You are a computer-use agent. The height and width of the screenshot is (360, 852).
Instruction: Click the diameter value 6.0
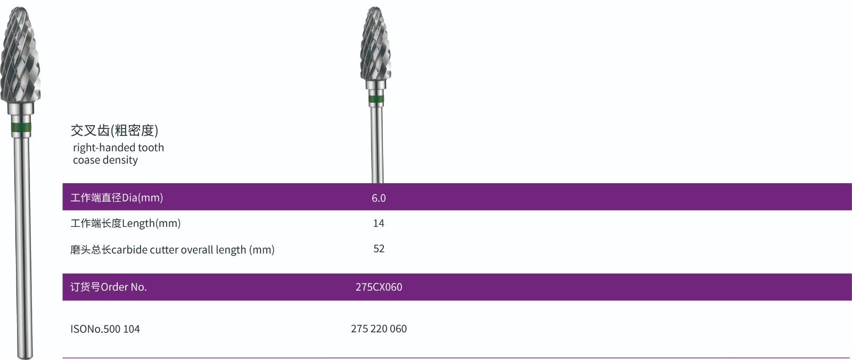coord(379,198)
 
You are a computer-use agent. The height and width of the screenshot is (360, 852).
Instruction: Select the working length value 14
coord(379,223)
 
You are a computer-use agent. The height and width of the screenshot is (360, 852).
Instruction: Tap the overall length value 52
coord(379,249)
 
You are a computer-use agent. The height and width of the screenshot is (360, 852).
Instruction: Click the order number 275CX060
coord(379,287)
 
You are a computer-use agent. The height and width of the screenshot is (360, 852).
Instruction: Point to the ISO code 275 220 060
coord(379,329)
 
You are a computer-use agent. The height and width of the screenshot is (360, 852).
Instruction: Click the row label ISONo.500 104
coord(105,329)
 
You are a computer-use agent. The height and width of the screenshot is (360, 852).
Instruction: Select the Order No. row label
coord(109,287)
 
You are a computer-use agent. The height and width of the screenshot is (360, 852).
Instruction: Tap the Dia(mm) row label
coord(117,198)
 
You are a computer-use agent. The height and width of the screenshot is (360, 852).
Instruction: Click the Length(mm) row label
coord(125,223)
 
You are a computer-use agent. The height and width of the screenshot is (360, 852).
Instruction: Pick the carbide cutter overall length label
coord(172,250)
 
